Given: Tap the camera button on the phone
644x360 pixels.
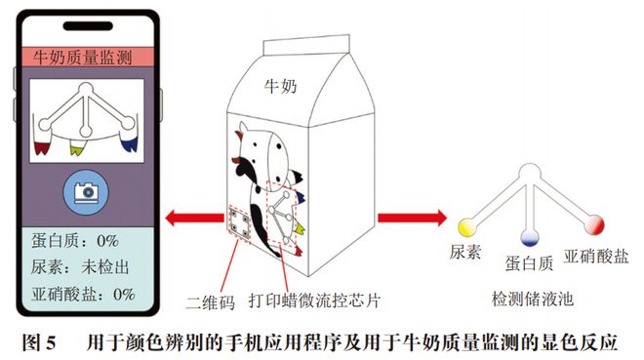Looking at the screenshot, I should tap(83, 191).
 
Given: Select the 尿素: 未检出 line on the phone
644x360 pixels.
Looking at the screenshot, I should tap(82, 266).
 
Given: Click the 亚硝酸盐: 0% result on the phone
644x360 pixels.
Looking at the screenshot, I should tap(82, 293).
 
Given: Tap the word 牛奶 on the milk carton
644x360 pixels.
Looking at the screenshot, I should tap(281, 86).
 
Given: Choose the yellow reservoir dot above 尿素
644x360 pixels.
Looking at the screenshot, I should tap(465, 226).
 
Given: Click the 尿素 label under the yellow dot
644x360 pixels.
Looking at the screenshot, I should tap(465, 252).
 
